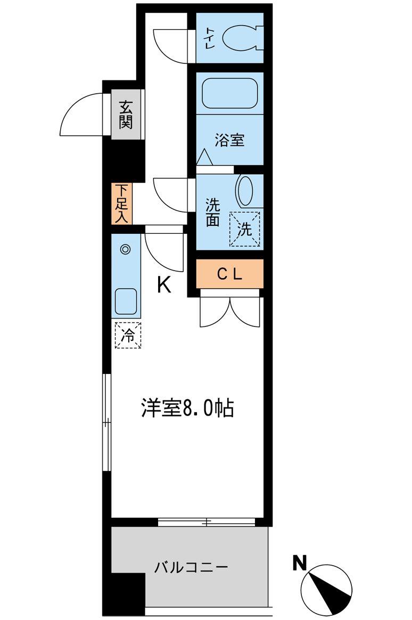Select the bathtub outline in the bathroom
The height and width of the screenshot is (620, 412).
pyautogui.click(x=230, y=94)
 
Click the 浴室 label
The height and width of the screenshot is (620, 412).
pyautogui.click(x=229, y=141)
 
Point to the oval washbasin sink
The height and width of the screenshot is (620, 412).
pyautogui.click(x=245, y=191)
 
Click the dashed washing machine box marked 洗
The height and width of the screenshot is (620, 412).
pyautogui.click(x=244, y=230)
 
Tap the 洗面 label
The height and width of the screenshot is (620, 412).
pyautogui.click(x=212, y=212)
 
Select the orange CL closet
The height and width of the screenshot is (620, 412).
pyautogui.click(x=229, y=274)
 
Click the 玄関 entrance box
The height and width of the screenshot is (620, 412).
pyautogui.click(x=126, y=115)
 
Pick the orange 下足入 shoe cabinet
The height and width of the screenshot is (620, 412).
pyautogui.click(x=121, y=203)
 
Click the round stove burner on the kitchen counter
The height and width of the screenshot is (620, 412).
pyautogui.click(x=126, y=249)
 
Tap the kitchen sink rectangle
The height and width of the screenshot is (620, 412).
pyautogui.click(x=127, y=302)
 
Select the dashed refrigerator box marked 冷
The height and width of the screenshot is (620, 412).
pyautogui.click(x=128, y=335)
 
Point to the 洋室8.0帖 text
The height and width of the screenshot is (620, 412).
pyautogui.click(x=187, y=409)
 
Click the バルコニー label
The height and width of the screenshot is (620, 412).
pyautogui.click(x=191, y=567)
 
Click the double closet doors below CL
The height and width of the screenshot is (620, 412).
pyautogui.click(x=229, y=311)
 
